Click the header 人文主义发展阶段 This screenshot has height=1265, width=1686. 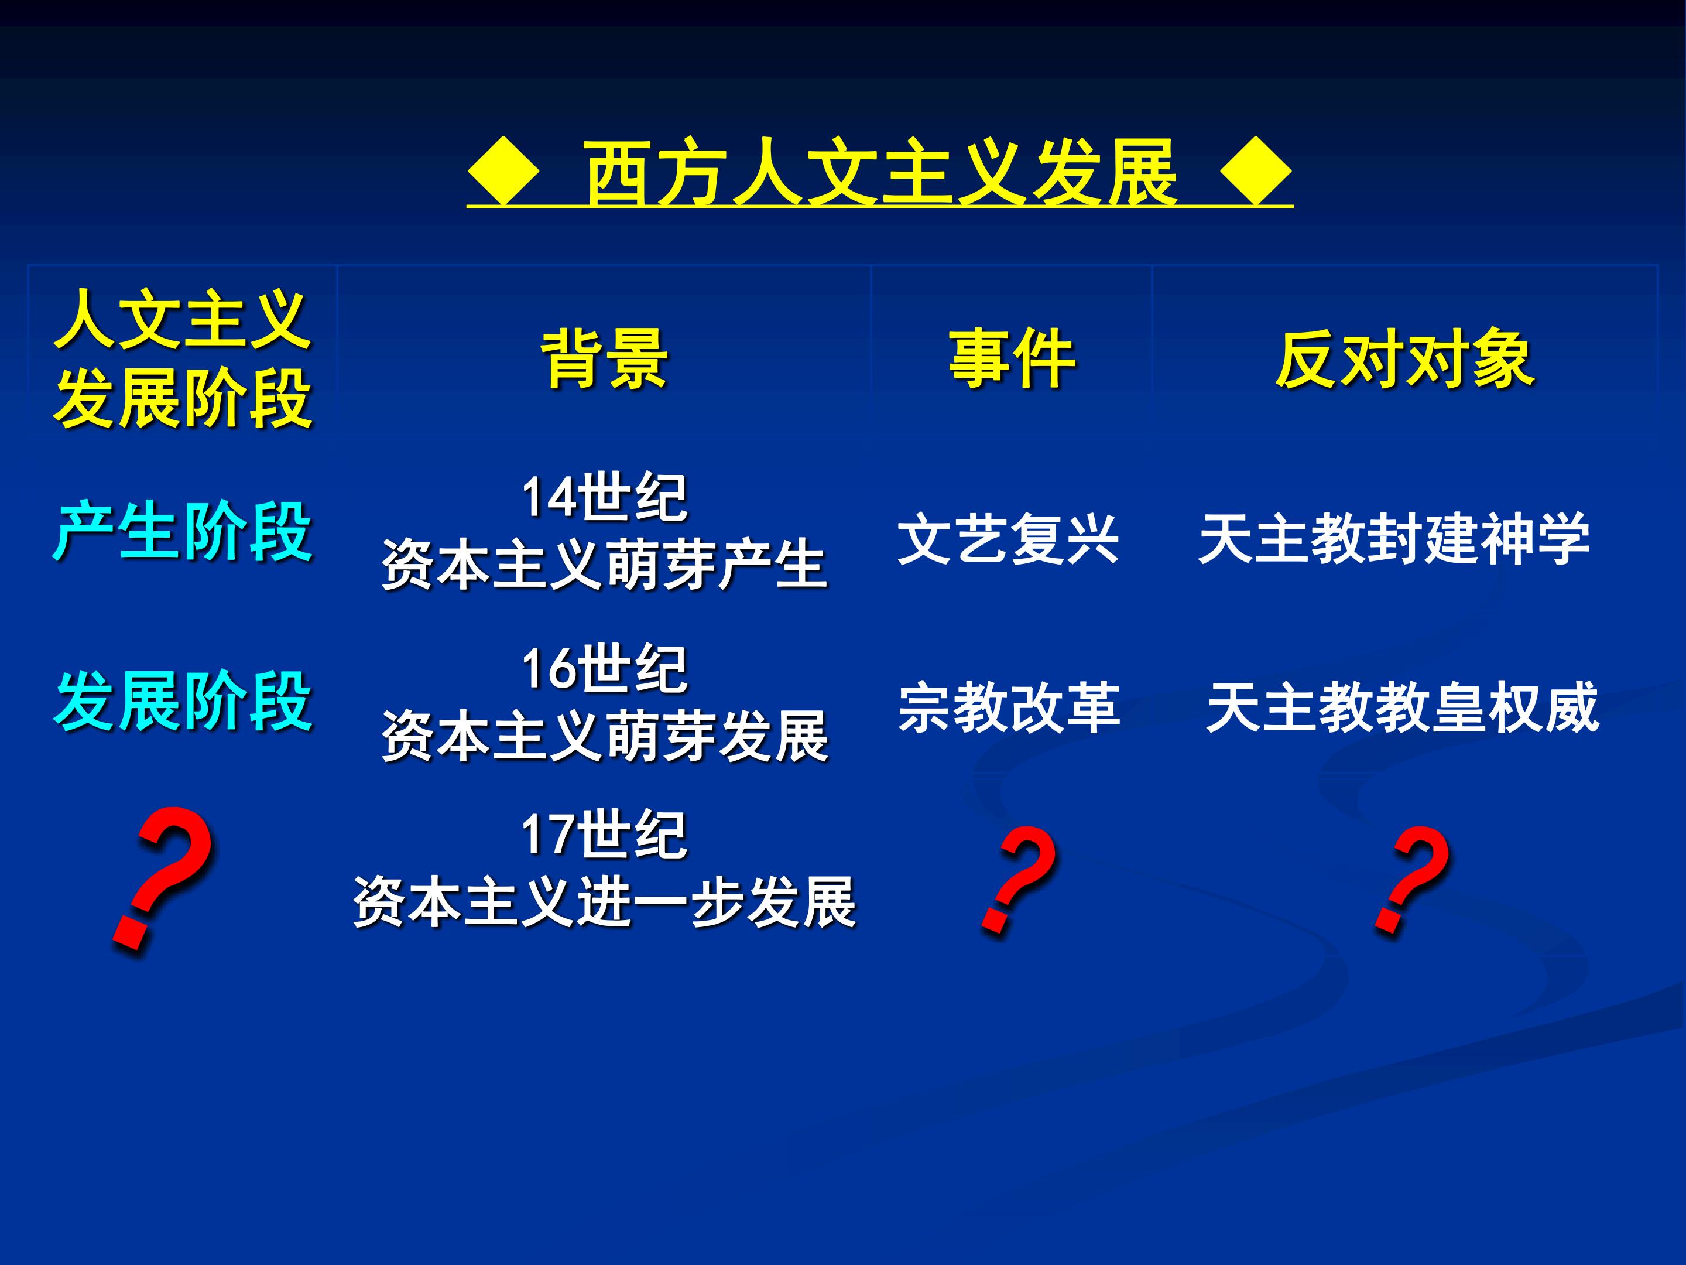pos(183,359)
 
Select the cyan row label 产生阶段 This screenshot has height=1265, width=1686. pos(183,531)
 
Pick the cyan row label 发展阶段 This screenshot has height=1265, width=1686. pos(183,702)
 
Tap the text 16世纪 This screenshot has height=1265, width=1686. pos(604,669)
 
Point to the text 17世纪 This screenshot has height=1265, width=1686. pos(604,834)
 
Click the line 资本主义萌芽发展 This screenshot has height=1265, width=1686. pos(604,736)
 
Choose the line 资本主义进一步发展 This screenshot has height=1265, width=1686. pos(604,902)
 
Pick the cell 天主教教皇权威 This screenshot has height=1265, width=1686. pos(1403,707)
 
